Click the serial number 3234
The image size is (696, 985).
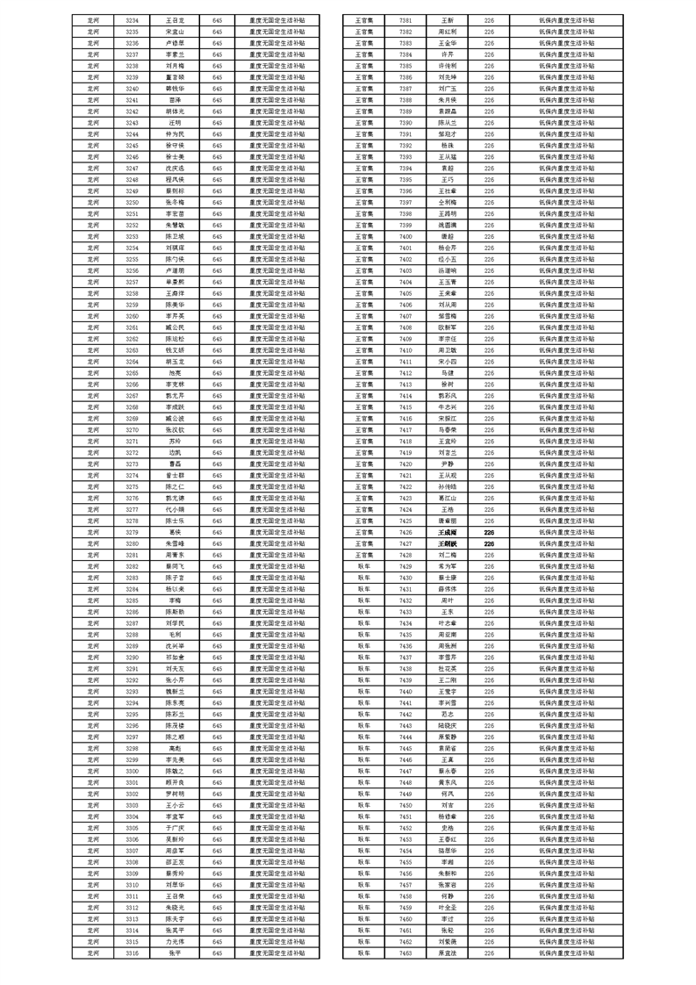[x=132, y=19]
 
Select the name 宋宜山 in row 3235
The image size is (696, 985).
[x=175, y=31]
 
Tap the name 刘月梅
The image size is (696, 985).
[x=175, y=66]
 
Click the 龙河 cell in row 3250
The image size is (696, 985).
[x=94, y=202]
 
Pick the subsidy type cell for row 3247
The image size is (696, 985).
[x=275, y=168]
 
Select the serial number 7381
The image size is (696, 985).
[x=405, y=19]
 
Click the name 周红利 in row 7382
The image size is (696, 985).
[x=448, y=31]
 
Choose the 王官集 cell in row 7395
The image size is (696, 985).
[x=364, y=179]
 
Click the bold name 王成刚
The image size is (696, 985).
[x=448, y=532]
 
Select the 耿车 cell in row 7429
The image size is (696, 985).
[x=364, y=566]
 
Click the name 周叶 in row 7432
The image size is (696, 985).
[x=448, y=600]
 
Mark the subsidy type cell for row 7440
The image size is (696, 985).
[x=567, y=692]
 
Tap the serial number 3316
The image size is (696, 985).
[x=132, y=953]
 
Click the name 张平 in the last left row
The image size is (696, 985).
[x=175, y=953]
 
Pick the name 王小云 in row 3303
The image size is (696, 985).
[x=175, y=805]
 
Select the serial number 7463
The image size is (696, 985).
[x=405, y=953]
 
